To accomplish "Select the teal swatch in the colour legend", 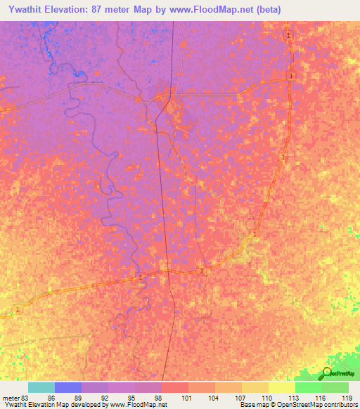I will pyautogui.click(x=41, y=387).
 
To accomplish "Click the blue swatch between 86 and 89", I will pyautogui.click(x=68, y=387).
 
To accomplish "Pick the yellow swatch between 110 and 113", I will pyautogui.click(x=281, y=387).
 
